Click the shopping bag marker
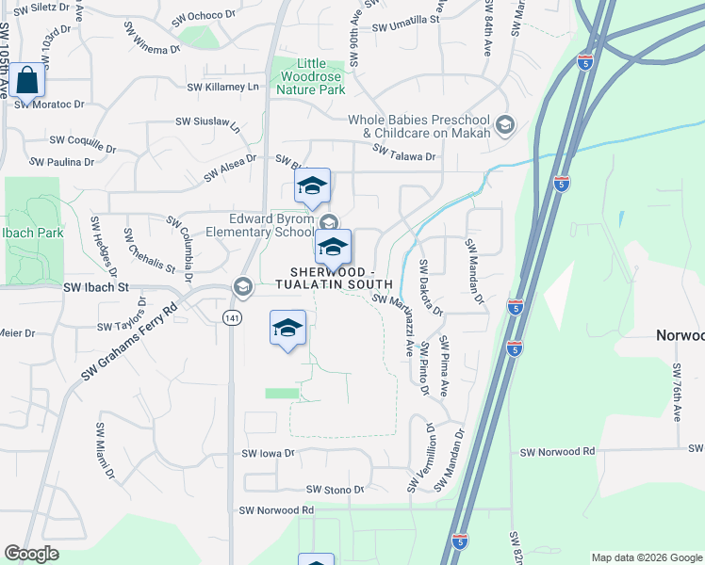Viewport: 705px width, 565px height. pos(27,82)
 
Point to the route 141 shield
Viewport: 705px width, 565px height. pos(232,319)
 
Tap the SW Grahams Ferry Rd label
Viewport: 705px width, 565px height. pos(130,341)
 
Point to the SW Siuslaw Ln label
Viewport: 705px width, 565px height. pos(208,121)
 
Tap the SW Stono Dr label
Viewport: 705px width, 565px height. pos(336,490)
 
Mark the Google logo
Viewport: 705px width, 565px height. pos(32,554)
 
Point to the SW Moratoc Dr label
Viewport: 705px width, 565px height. pos(49,105)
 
